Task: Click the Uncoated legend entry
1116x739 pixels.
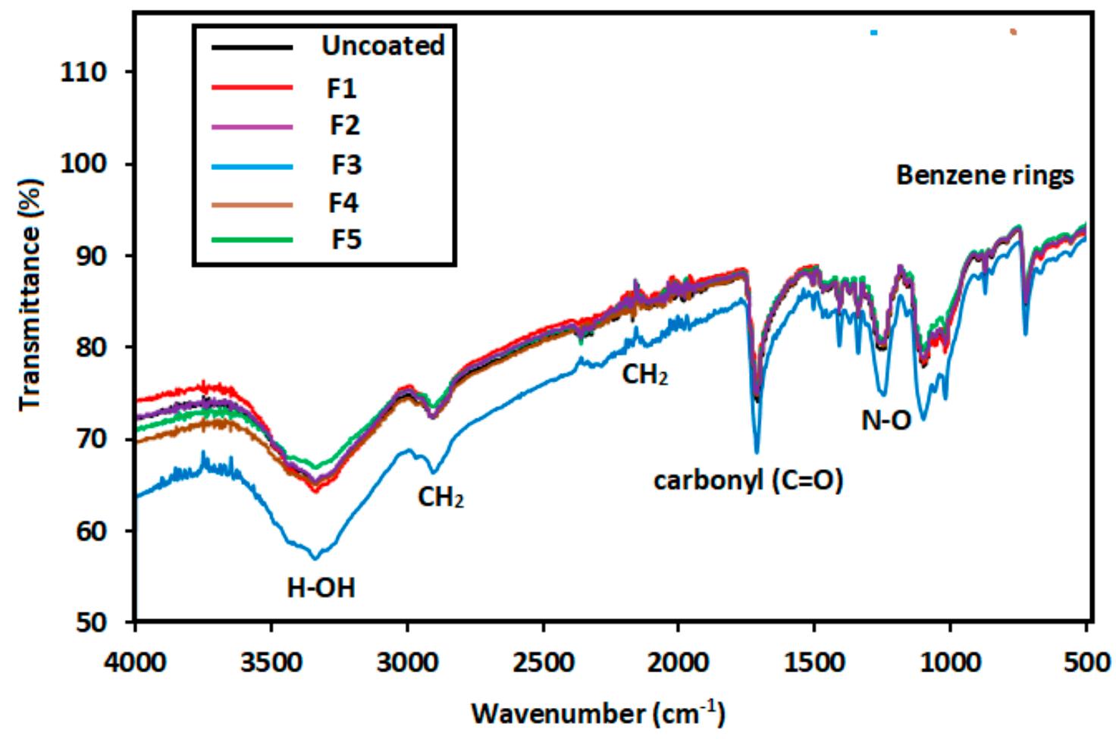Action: [x=382, y=45]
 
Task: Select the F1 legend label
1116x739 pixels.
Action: [x=342, y=89]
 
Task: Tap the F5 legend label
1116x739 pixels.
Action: [x=346, y=240]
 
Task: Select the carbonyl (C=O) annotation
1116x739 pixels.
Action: [x=748, y=481]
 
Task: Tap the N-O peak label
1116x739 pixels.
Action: [x=886, y=421]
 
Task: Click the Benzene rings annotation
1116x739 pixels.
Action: [x=985, y=176]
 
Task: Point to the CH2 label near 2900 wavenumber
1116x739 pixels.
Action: [x=440, y=497]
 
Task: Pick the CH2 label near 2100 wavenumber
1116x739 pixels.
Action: [x=645, y=374]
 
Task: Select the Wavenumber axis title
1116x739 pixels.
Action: [x=598, y=714]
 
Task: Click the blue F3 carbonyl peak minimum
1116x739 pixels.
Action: [x=757, y=452]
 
